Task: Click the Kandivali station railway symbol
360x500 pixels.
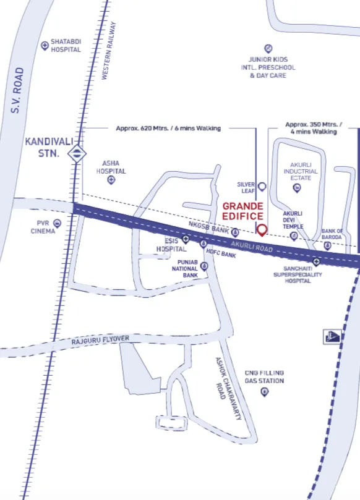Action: click(77, 153)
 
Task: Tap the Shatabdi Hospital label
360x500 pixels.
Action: click(66, 46)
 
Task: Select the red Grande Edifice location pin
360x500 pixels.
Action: click(262, 231)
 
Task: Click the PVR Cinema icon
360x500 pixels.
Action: click(58, 222)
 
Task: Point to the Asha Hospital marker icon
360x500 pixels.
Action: click(111, 180)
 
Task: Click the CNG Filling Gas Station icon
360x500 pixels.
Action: click(264, 392)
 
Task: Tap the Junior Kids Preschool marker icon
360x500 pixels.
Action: click(268, 48)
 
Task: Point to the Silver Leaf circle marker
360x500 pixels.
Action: click(262, 186)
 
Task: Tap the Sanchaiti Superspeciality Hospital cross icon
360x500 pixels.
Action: click(316, 261)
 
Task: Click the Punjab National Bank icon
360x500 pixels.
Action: click(204, 266)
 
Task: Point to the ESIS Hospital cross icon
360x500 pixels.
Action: click(185, 238)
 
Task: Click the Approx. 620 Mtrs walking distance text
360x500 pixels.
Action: click(168, 129)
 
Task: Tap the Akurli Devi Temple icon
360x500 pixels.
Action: click(294, 235)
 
